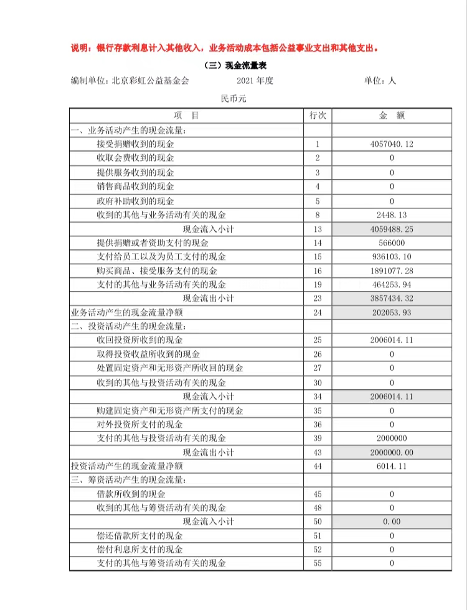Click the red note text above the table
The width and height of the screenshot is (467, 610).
click(225, 48)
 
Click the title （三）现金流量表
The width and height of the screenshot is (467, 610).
click(235, 66)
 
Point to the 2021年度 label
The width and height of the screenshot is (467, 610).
click(255, 81)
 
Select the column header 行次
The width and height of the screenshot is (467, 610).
click(318, 116)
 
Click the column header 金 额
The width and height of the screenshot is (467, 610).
click(392, 116)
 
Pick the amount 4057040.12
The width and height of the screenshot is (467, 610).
click(392, 144)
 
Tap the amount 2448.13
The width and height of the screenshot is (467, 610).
click(392, 215)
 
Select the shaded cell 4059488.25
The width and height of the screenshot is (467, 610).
click(392, 229)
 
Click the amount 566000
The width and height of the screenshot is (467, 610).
click(392, 243)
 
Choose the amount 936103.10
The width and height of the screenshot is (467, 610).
click(392, 257)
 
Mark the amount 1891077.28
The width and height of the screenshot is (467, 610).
click(392, 271)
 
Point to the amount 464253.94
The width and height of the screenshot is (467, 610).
click(392, 285)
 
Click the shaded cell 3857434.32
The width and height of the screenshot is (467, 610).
click(392, 298)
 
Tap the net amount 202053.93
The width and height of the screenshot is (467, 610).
click(392, 313)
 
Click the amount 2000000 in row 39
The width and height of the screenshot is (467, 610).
click(392, 438)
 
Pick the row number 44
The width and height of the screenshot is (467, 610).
click(318, 466)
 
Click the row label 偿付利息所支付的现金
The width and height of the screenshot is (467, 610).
click(139, 550)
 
